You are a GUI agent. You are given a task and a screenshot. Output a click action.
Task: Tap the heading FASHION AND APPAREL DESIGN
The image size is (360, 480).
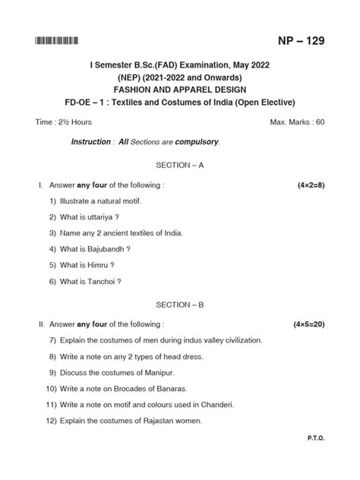(x=180, y=87)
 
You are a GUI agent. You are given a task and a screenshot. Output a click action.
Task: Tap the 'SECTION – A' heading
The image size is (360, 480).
(x=180, y=164)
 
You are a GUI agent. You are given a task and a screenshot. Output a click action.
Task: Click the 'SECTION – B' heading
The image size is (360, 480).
(x=180, y=303)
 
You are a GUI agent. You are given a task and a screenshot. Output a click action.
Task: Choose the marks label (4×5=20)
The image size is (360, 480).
(x=308, y=324)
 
